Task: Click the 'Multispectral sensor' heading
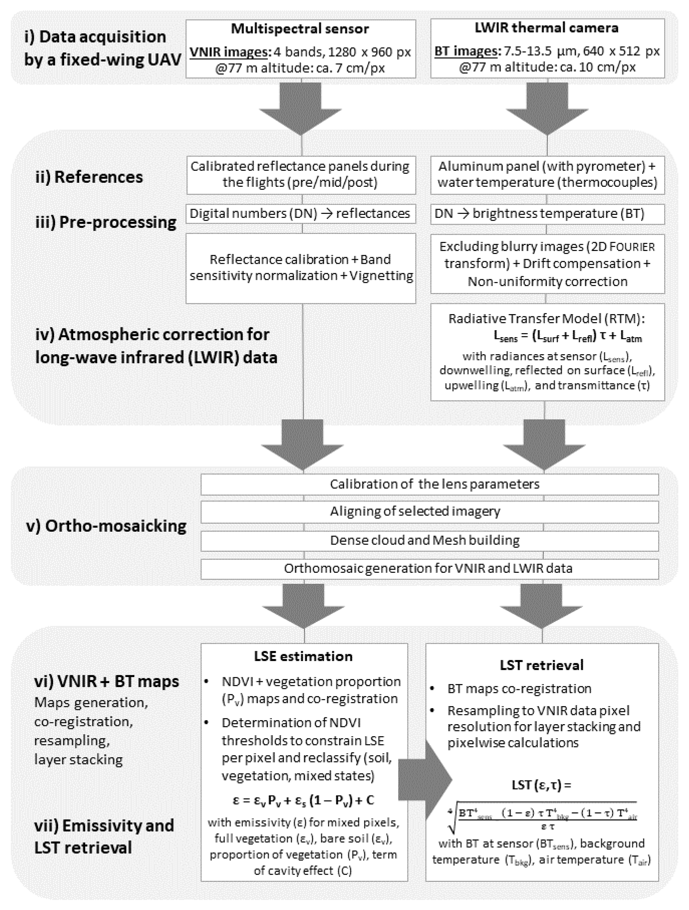[300, 29]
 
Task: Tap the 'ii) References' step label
[89, 177]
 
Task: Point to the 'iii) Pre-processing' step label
[106, 222]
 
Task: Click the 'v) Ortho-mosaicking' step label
[106, 526]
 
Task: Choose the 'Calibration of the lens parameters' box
[429, 484]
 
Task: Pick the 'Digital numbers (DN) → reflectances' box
[300, 214]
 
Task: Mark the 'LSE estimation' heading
[303, 656]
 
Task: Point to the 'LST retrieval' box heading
[542, 665]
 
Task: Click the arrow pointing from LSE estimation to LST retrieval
[424, 779]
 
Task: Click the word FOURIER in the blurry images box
[633, 247]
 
